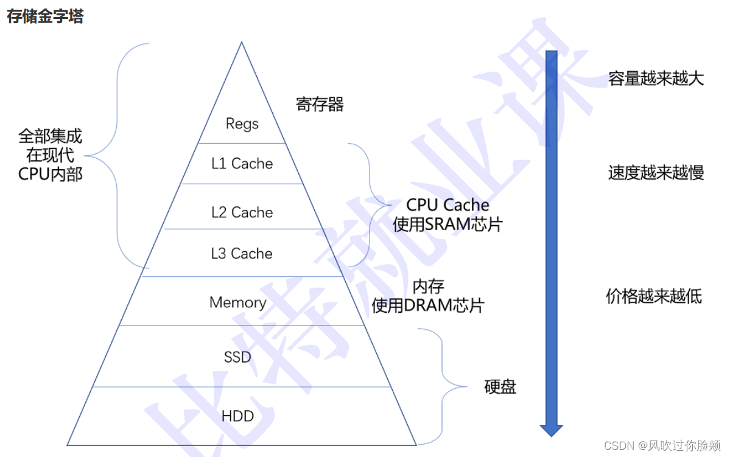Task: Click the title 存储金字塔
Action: pos(45,16)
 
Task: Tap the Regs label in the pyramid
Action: pos(242,124)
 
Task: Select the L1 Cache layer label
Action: pos(242,163)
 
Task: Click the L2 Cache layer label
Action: pos(242,212)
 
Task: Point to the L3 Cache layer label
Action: pos(242,253)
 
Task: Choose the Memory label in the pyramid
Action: pos(237,302)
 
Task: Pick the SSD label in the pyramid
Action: pos(237,357)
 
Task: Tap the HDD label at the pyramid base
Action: pos(237,417)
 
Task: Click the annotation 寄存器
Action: pos(320,105)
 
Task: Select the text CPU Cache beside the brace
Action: pos(447,205)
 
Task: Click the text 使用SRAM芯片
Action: pos(447,225)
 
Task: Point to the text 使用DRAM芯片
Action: pos(428,305)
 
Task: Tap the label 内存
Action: pos(428,286)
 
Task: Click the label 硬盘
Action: pos(500,387)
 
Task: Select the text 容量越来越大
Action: pos(656,78)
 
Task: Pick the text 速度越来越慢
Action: pos(656,173)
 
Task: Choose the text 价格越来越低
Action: pos(654,296)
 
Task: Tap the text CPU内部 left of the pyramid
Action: pos(50,174)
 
